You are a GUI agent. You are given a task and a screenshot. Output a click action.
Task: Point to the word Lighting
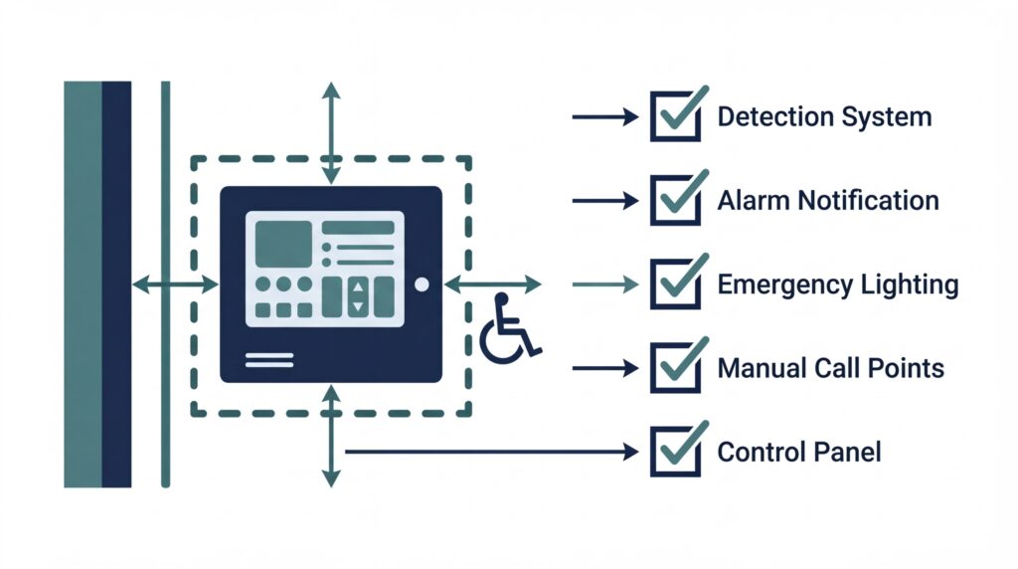tap(910, 285)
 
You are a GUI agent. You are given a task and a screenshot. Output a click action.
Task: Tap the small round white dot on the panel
tap(421, 284)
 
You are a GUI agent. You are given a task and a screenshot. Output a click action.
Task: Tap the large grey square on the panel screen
tap(282, 245)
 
